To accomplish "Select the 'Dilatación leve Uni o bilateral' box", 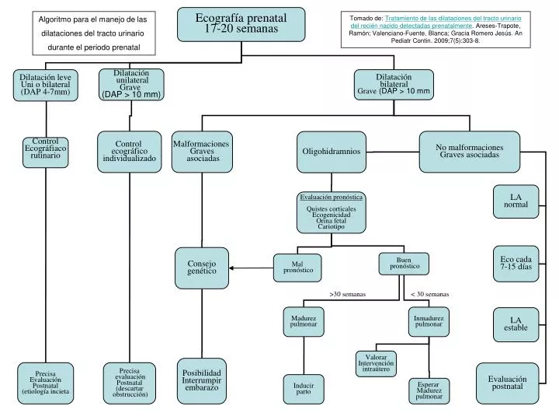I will (x=45, y=85).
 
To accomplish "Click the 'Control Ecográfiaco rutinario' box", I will (x=45, y=150).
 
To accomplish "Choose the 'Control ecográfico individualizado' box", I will (x=129, y=150).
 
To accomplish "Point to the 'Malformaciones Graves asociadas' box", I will (x=202, y=151).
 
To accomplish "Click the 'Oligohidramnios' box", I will (x=331, y=151).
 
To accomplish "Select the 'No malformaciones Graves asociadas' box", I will (x=469, y=149).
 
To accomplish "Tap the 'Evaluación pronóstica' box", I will (x=331, y=212).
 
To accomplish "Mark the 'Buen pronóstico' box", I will (x=403, y=264).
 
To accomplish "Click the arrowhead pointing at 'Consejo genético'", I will (x=232, y=268).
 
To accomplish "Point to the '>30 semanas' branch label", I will (x=346, y=295).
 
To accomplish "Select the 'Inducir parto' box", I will (x=303, y=388).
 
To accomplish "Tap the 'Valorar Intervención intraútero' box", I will (x=376, y=362).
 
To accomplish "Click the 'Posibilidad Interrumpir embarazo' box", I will (x=202, y=379).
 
